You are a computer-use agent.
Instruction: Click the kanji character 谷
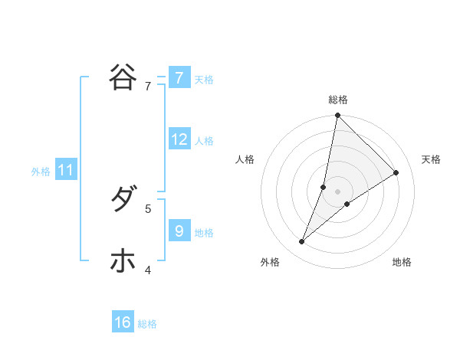(123, 77)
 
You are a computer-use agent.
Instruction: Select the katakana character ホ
(123, 260)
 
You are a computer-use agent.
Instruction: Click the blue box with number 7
(179, 78)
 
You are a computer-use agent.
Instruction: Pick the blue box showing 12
(179, 139)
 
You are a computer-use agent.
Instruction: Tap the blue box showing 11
(66, 170)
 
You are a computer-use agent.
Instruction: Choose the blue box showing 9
(179, 230)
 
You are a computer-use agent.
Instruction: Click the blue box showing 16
(123, 322)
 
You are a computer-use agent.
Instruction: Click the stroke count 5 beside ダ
(148, 208)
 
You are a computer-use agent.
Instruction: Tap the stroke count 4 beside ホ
(148, 270)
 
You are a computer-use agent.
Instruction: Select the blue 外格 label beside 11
(41, 172)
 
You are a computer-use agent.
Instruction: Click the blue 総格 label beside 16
(147, 324)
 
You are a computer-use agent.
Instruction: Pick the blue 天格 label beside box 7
(204, 80)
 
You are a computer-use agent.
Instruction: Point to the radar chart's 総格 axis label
(337, 100)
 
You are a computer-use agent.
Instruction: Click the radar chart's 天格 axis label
(431, 159)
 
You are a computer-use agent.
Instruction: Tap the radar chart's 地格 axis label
(402, 262)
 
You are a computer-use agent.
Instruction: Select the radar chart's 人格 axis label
(245, 159)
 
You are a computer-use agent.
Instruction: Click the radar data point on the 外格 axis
(302, 242)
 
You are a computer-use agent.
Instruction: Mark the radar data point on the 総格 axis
(337, 116)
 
